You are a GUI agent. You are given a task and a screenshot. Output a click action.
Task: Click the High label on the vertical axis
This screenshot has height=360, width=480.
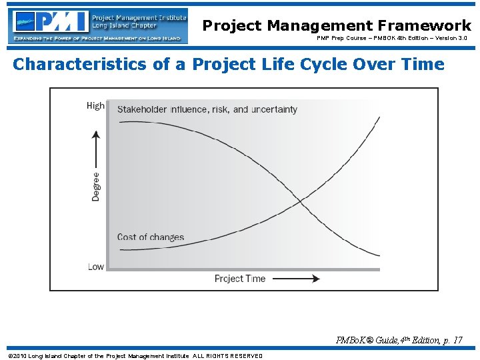click(x=95, y=105)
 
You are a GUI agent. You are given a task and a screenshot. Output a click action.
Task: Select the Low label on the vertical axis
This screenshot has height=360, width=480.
click(x=95, y=266)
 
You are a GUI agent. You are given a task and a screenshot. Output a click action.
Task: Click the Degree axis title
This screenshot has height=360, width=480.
click(x=96, y=187)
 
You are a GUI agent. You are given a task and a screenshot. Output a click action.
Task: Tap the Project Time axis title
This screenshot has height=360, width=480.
click(x=240, y=279)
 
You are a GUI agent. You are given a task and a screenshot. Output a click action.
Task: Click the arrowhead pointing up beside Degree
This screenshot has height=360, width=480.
click(x=96, y=134)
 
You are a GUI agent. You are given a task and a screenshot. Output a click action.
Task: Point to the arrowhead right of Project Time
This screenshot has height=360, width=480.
click(x=315, y=279)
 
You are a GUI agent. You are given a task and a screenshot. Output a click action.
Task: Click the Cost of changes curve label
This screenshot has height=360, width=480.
click(x=150, y=237)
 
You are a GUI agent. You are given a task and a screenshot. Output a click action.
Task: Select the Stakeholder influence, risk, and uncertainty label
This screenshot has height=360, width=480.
click(x=207, y=109)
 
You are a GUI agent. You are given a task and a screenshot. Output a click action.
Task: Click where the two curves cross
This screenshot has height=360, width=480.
click(x=300, y=200)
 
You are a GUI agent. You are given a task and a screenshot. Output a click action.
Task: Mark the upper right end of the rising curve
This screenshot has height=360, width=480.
click(x=379, y=117)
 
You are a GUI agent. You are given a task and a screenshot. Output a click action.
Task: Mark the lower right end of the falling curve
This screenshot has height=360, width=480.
click(x=379, y=256)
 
